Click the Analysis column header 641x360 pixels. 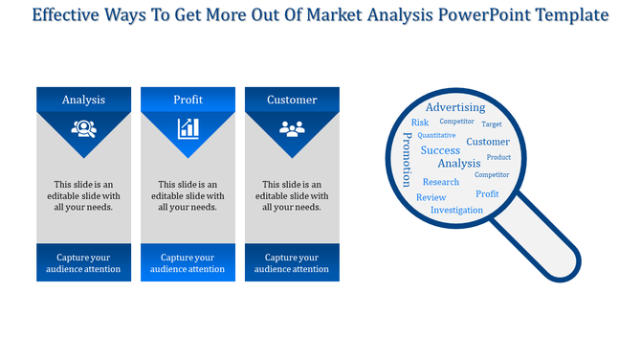(83, 100)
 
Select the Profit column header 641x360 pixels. (188, 100)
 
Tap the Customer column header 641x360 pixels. (292, 100)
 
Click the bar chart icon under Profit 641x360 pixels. (188, 127)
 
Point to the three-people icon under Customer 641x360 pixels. (292, 127)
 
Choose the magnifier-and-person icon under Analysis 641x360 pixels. (83, 127)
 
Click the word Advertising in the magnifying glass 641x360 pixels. (455, 107)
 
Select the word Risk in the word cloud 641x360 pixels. (420, 123)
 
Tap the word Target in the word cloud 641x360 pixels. (492, 124)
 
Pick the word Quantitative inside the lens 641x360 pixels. (436, 136)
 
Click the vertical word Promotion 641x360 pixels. (407, 160)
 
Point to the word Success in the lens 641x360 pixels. (440, 150)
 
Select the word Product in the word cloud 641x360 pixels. (498, 157)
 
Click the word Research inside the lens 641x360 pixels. (441, 182)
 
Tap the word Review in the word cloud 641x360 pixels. (431, 197)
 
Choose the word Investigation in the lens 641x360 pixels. (456, 210)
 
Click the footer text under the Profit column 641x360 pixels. (188, 263)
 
